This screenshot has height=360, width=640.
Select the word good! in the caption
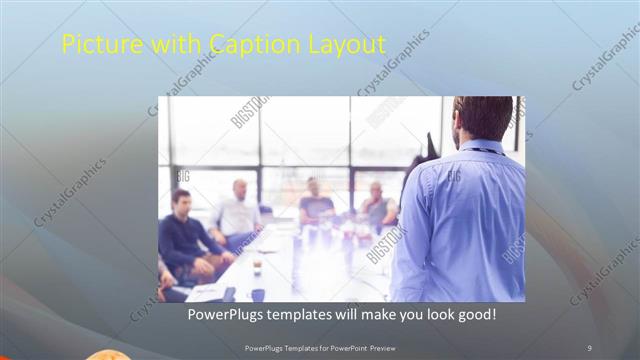pyautogui.click(x=475, y=315)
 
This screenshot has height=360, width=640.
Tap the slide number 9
pyautogui.click(x=589, y=347)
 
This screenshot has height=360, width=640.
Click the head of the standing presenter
pyautogui.click(x=483, y=118)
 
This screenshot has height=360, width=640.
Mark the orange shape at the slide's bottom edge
pyautogui.click(x=105, y=355)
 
